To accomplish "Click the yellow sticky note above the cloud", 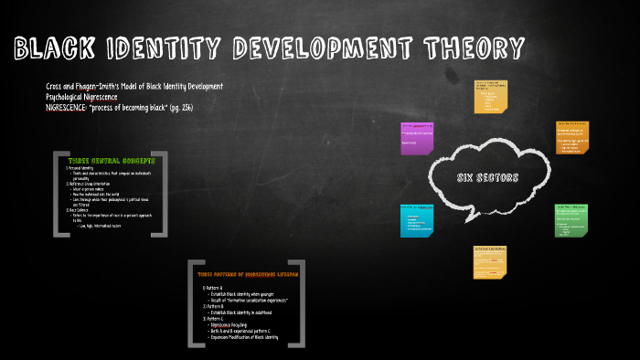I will click(x=491, y=96).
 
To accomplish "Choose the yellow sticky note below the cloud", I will click(x=491, y=261).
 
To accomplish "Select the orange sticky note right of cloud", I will click(x=571, y=138).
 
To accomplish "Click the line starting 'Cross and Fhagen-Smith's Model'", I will click(x=133, y=87).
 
